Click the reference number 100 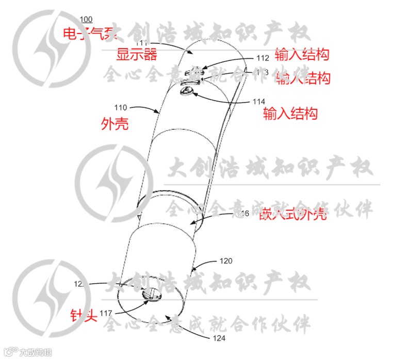click(x=87, y=20)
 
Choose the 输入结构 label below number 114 click(x=290, y=113)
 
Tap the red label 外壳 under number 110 click(x=115, y=124)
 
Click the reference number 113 click(x=263, y=73)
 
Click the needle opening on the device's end click(x=151, y=295)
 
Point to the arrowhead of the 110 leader click(x=159, y=112)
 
